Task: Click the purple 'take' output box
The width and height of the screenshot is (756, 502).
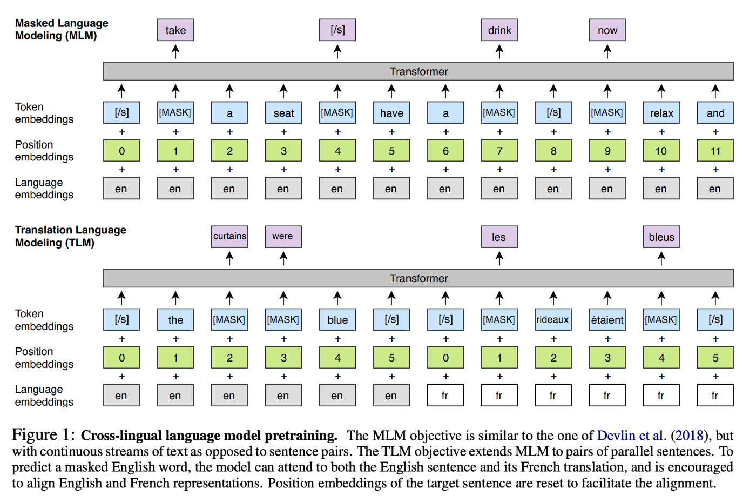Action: pyautogui.click(x=175, y=30)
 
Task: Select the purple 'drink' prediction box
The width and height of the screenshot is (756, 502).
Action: pyautogui.click(x=500, y=30)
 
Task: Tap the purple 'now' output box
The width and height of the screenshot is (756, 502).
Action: pyautogui.click(x=607, y=30)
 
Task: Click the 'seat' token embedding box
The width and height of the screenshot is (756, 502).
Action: pyautogui.click(x=283, y=113)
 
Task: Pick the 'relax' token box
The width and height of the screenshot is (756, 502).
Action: pyautogui.click(x=661, y=113)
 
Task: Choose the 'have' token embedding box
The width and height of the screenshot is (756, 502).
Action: pyautogui.click(x=391, y=113)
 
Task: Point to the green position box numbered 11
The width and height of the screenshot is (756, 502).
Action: pyautogui.click(x=715, y=151)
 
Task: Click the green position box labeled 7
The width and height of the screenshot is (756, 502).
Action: pyautogui.click(x=500, y=151)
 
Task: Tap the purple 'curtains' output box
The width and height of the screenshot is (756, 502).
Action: pyautogui.click(x=230, y=237)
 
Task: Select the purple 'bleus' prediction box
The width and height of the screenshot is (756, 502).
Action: pyautogui.click(x=661, y=237)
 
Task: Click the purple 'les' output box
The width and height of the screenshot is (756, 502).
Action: pyautogui.click(x=500, y=237)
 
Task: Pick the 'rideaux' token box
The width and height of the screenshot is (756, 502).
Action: pyautogui.click(x=553, y=319)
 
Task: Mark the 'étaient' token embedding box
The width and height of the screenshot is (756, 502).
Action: pyautogui.click(x=607, y=319)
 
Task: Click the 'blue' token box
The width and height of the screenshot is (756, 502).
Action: pyautogui.click(x=337, y=319)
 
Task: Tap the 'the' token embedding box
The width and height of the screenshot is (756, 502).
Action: pyautogui.click(x=175, y=319)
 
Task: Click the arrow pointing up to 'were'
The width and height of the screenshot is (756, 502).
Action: pyautogui.click(x=283, y=258)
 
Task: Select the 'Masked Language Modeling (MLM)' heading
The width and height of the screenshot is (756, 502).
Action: pyautogui.click(x=62, y=29)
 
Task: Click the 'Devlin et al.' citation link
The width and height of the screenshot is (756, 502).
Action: pyautogui.click(x=632, y=436)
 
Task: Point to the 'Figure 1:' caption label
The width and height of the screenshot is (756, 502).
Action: pyautogui.click(x=43, y=435)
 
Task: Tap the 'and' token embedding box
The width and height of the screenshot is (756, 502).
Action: pyautogui.click(x=715, y=113)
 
